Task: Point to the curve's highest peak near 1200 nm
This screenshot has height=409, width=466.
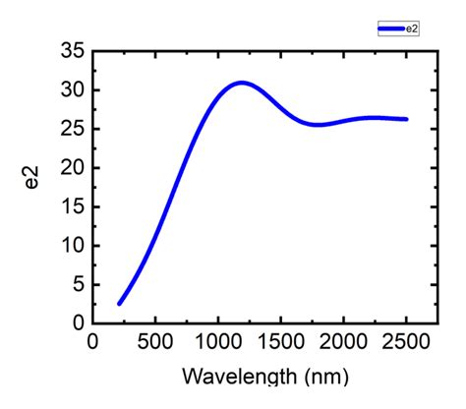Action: (242, 83)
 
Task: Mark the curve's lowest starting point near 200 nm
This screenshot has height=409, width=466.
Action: (119, 304)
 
